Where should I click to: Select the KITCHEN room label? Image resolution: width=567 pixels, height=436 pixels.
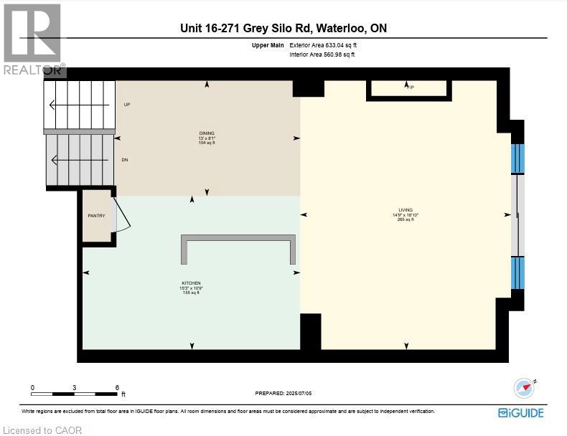[191, 283]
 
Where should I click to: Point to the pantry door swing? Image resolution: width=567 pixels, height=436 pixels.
[122, 215]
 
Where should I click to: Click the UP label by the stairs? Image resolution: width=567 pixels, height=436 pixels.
[127, 105]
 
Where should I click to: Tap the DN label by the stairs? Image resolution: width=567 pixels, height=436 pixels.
[125, 159]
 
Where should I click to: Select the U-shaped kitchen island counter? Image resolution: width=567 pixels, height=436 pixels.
[238, 248]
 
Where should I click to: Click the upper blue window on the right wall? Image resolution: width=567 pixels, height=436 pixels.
[517, 158]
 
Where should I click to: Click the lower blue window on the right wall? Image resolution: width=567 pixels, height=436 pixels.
[517, 273]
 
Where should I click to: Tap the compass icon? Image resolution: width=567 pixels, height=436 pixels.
[525, 388]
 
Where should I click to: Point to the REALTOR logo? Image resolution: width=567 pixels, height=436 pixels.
[32, 39]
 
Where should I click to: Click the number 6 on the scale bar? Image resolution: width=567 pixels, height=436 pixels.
[117, 387]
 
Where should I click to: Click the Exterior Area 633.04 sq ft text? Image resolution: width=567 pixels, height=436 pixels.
[322, 45]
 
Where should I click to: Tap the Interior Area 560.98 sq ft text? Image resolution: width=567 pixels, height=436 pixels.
[322, 54]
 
